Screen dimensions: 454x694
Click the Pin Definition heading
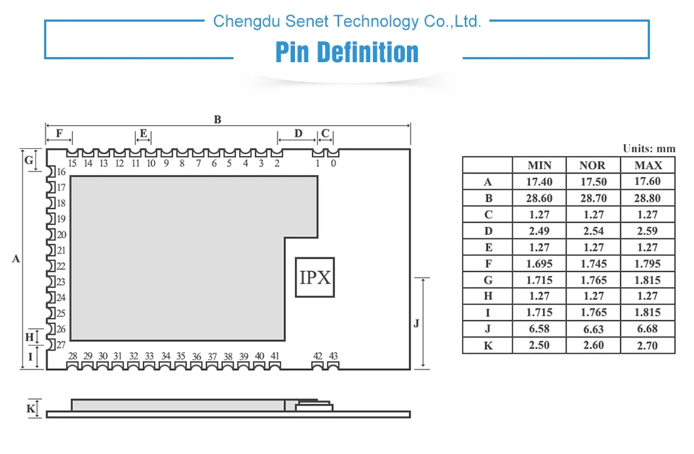(347, 53)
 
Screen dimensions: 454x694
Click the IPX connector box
(315, 277)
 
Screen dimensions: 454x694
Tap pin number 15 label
(72, 163)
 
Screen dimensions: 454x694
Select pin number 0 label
(333, 163)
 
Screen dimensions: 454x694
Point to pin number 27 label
(61, 345)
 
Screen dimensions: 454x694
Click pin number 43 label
(333, 356)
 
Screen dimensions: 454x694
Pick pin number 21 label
(61, 250)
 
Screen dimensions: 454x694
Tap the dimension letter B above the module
(217, 120)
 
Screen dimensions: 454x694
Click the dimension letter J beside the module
(416, 323)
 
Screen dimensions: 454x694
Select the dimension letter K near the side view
(30, 409)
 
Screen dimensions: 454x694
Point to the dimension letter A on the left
(16, 258)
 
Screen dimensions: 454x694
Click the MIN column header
(539, 166)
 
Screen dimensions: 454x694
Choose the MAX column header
(648, 166)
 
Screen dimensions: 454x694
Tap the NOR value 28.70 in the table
(593, 198)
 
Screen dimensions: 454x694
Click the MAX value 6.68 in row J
(648, 329)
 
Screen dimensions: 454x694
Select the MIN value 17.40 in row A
(539, 182)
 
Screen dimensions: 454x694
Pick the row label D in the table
(488, 231)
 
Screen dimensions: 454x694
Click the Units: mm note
(648, 148)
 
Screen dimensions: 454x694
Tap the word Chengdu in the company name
(238, 21)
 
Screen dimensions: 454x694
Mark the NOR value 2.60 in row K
(593, 345)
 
